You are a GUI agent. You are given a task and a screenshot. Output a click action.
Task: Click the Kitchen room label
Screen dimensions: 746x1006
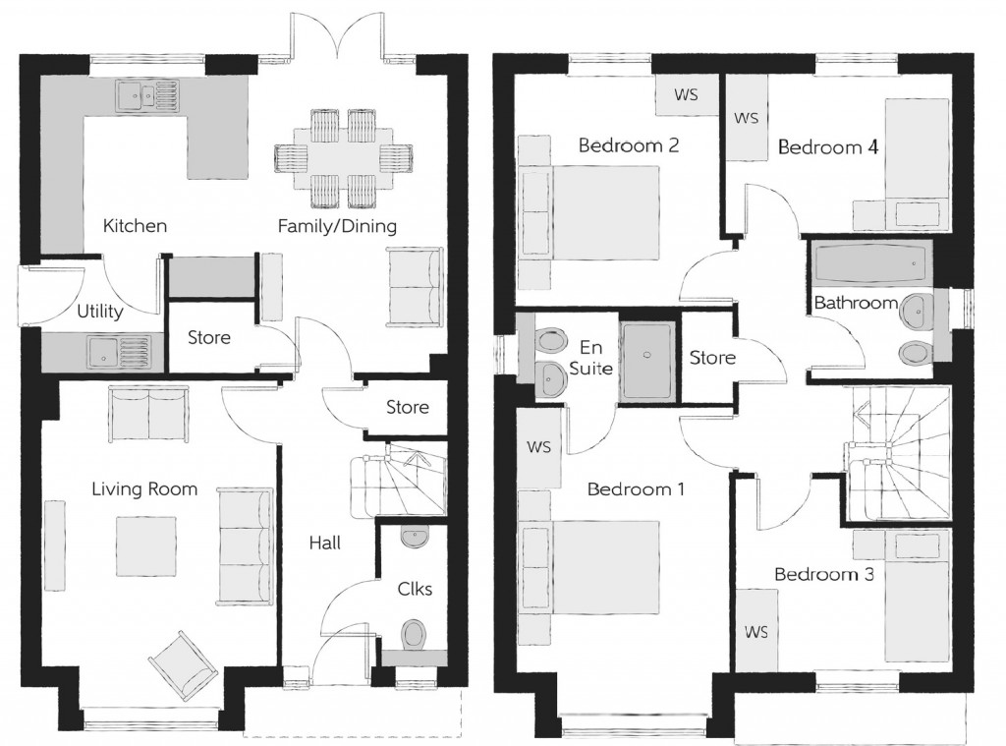[x=135, y=226]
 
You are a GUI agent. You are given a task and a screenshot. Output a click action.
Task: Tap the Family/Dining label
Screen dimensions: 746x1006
[x=337, y=227]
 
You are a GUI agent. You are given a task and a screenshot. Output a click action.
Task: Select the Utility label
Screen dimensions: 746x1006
[x=100, y=313]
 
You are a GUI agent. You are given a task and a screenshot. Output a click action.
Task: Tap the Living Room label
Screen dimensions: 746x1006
[x=144, y=488]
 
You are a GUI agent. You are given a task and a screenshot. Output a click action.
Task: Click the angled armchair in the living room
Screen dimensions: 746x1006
[x=183, y=663]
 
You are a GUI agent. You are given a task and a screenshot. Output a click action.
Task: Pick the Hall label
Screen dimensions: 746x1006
[x=324, y=543]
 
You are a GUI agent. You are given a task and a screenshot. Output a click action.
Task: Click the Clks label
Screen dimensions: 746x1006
[x=415, y=590]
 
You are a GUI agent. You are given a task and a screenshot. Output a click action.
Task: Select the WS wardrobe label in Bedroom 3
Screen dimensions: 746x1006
[x=755, y=630]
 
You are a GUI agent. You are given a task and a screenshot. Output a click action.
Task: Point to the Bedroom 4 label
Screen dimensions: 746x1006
[x=827, y=148]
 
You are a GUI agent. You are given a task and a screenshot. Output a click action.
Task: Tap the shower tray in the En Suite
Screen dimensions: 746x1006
[x=646, y=361]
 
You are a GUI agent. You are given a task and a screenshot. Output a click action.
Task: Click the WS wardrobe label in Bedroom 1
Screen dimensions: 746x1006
[x=538, y=447]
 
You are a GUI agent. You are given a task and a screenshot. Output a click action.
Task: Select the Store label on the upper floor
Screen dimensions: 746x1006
[x=712, y=358]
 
